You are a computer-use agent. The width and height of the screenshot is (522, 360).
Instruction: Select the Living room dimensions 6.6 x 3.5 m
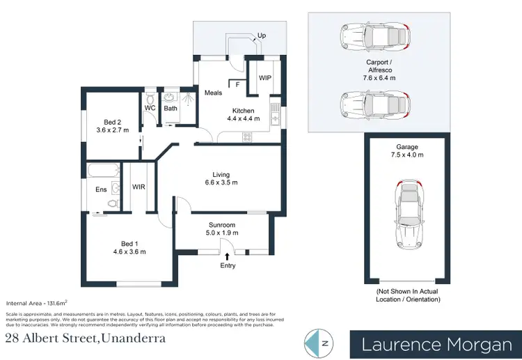tap(221, 183)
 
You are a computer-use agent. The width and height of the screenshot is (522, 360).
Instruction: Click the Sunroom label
tap(221, 225)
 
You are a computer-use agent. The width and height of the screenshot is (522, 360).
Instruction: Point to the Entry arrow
tap(227, 257)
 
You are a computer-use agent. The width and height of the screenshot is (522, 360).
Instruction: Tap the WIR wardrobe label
tap(138, 187)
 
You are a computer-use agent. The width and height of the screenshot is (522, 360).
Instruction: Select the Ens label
tap(100, 189)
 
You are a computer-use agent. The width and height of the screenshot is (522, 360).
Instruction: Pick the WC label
tap(150, 108)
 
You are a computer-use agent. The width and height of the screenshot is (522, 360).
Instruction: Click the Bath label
tap(171, 108)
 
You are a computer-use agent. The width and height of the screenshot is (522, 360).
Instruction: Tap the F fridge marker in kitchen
tap(238, 84)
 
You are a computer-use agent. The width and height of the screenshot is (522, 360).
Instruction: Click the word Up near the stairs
tap(262, 35)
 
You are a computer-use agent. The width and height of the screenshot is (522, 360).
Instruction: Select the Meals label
tap(213, 93)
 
